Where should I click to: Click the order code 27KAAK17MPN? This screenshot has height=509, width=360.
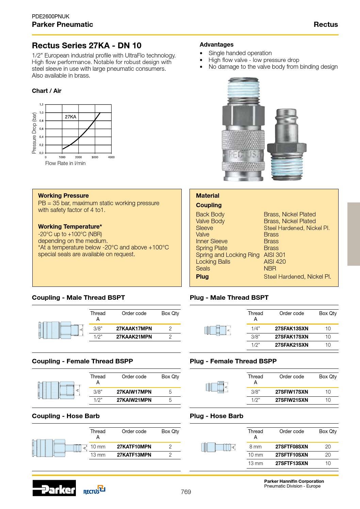click(134, 329)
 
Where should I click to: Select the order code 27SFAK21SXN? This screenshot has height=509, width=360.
click(292, 345)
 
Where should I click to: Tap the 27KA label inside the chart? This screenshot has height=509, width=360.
click(70, 117)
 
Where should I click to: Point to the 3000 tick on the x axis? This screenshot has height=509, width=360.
click(95, 157)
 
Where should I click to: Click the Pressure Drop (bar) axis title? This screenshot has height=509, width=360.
click(34, 133)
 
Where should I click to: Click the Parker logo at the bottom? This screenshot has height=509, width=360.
click(54, 488)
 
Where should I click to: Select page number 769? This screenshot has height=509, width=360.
click(186, 492)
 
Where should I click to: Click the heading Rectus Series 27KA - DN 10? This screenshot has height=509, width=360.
click(86, 46)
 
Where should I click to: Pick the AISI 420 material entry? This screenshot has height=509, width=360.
click(275, 262)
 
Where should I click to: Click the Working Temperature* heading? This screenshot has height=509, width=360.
click(70, 227)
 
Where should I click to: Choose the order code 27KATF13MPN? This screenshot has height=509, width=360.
click(134, 455)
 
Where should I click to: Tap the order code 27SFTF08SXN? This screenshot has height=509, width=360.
click(292, 447)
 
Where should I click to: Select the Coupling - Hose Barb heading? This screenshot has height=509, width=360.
click(66, 416)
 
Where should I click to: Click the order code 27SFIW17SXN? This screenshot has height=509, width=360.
click(292, 392)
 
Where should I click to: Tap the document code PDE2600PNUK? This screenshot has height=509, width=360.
click(51, 16)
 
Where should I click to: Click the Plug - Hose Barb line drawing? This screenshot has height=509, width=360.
click(217, 447)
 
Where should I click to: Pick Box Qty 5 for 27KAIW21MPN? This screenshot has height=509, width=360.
click(170, 400)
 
